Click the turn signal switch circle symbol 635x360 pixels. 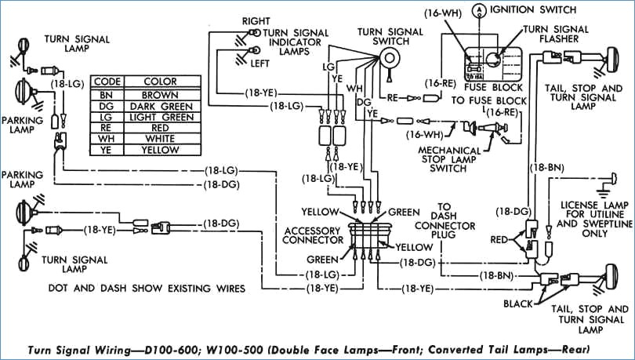point(389,59)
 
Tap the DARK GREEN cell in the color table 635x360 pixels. point(161,107)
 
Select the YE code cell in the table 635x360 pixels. point(107,150)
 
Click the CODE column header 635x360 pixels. point(107,82)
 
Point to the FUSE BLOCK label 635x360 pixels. point(493,88)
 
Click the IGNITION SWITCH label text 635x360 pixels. point(533,9)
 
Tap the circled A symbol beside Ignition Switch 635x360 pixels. point(479,10)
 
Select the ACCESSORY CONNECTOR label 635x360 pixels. point(313,235)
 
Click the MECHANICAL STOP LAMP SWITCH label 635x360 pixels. point(449,159)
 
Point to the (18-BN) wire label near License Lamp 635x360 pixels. point(546,168)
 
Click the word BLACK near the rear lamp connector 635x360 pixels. point(518,304)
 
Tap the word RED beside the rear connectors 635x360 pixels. point(499,240)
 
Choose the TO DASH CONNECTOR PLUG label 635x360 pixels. point(444,220)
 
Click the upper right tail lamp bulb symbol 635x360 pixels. point(612,60)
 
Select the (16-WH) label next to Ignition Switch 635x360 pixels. point(443,13)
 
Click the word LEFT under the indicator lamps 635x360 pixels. point(259,64)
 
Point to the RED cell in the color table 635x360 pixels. point(161,128)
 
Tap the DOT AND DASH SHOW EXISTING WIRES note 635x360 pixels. point(147,289)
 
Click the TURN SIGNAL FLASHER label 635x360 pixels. point(556,34)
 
